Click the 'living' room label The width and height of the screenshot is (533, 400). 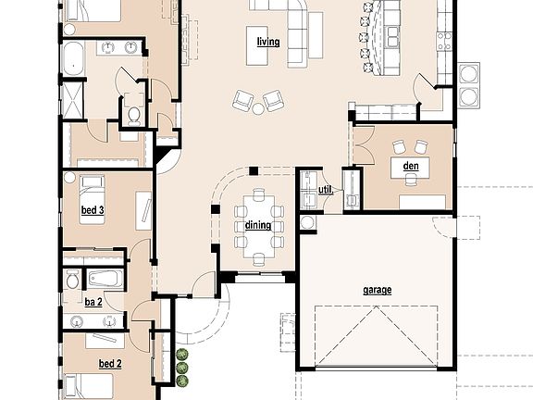point(268,42)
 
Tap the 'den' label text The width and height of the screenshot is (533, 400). point(411,167)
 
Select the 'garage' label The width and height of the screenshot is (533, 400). point(377,290)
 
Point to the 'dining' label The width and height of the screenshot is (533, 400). point(258,226)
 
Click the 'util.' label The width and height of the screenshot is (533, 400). point(325,190)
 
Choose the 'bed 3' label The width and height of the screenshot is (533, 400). point(93,211)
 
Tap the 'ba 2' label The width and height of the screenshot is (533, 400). point(93,302)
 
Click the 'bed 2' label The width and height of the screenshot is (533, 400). point(111,364)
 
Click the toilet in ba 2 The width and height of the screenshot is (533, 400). point(72,281)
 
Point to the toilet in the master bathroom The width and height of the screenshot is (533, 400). point(134,114)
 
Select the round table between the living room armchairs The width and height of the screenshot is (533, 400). point(259,107)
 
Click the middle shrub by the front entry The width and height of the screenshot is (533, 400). point(182,368)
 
